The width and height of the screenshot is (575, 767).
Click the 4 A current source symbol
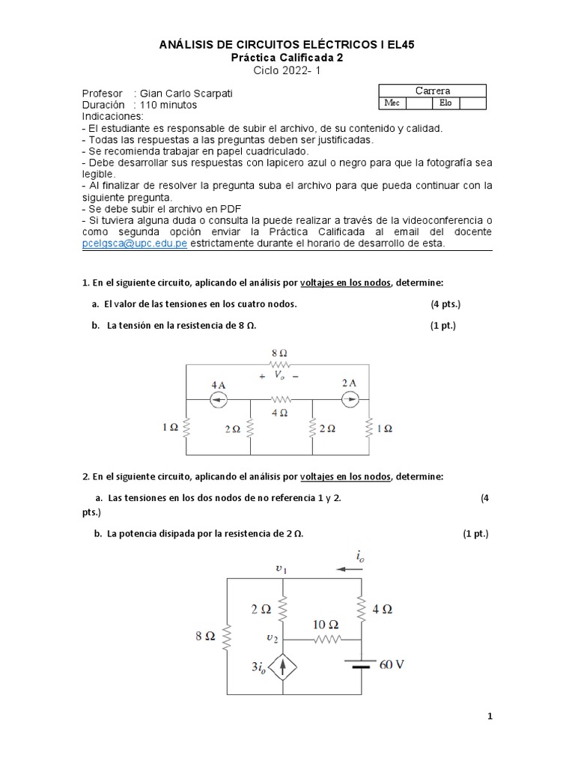(x=218, y=400)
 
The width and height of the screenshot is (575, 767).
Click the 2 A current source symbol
(x=350, y=400)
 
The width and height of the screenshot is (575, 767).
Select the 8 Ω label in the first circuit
(x=279, y=351)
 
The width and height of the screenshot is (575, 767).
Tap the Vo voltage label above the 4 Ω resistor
(x=279, y=375)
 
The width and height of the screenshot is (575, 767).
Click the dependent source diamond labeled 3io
(x=282, y=665)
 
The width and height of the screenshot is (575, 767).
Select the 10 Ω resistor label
(x=323, y=623)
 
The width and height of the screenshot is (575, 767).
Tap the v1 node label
(x=281, y=569)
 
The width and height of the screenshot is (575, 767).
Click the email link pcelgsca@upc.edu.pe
(x=134, y=243)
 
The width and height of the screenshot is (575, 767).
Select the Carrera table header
(x=433, y=91)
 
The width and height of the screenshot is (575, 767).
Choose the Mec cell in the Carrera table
(x=392, y=103)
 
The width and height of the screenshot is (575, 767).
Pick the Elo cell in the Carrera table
(x=446, y=103)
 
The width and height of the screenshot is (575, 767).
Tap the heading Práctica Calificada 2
(x=287, y=58)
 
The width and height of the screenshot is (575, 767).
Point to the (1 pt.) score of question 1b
(x=442, y=326)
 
